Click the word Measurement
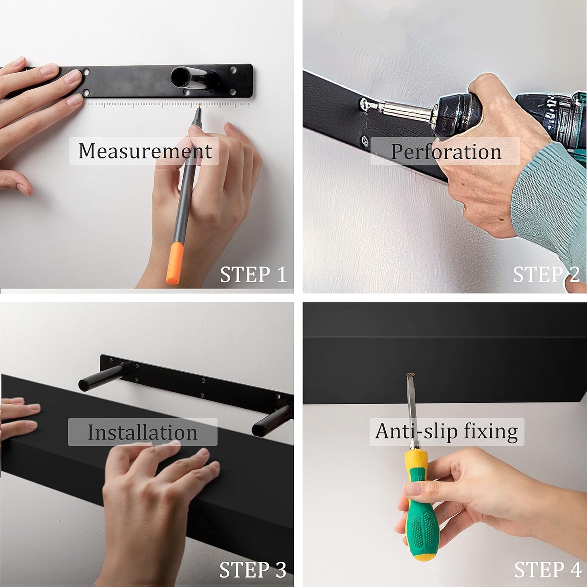[x=145, y=151]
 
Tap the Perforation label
[x=446, y=152]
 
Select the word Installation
[x=143, y=432]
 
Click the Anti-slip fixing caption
[x=446, y=431]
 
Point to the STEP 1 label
[x=253, y=275]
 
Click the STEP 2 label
[x=546, y=275]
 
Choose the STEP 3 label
[x=253, y=570]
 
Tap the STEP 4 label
[x=547, y=570]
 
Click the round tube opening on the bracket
[x=179, y=77]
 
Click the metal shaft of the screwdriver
[x=412, y=410]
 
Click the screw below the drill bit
[x=364, y=141]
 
